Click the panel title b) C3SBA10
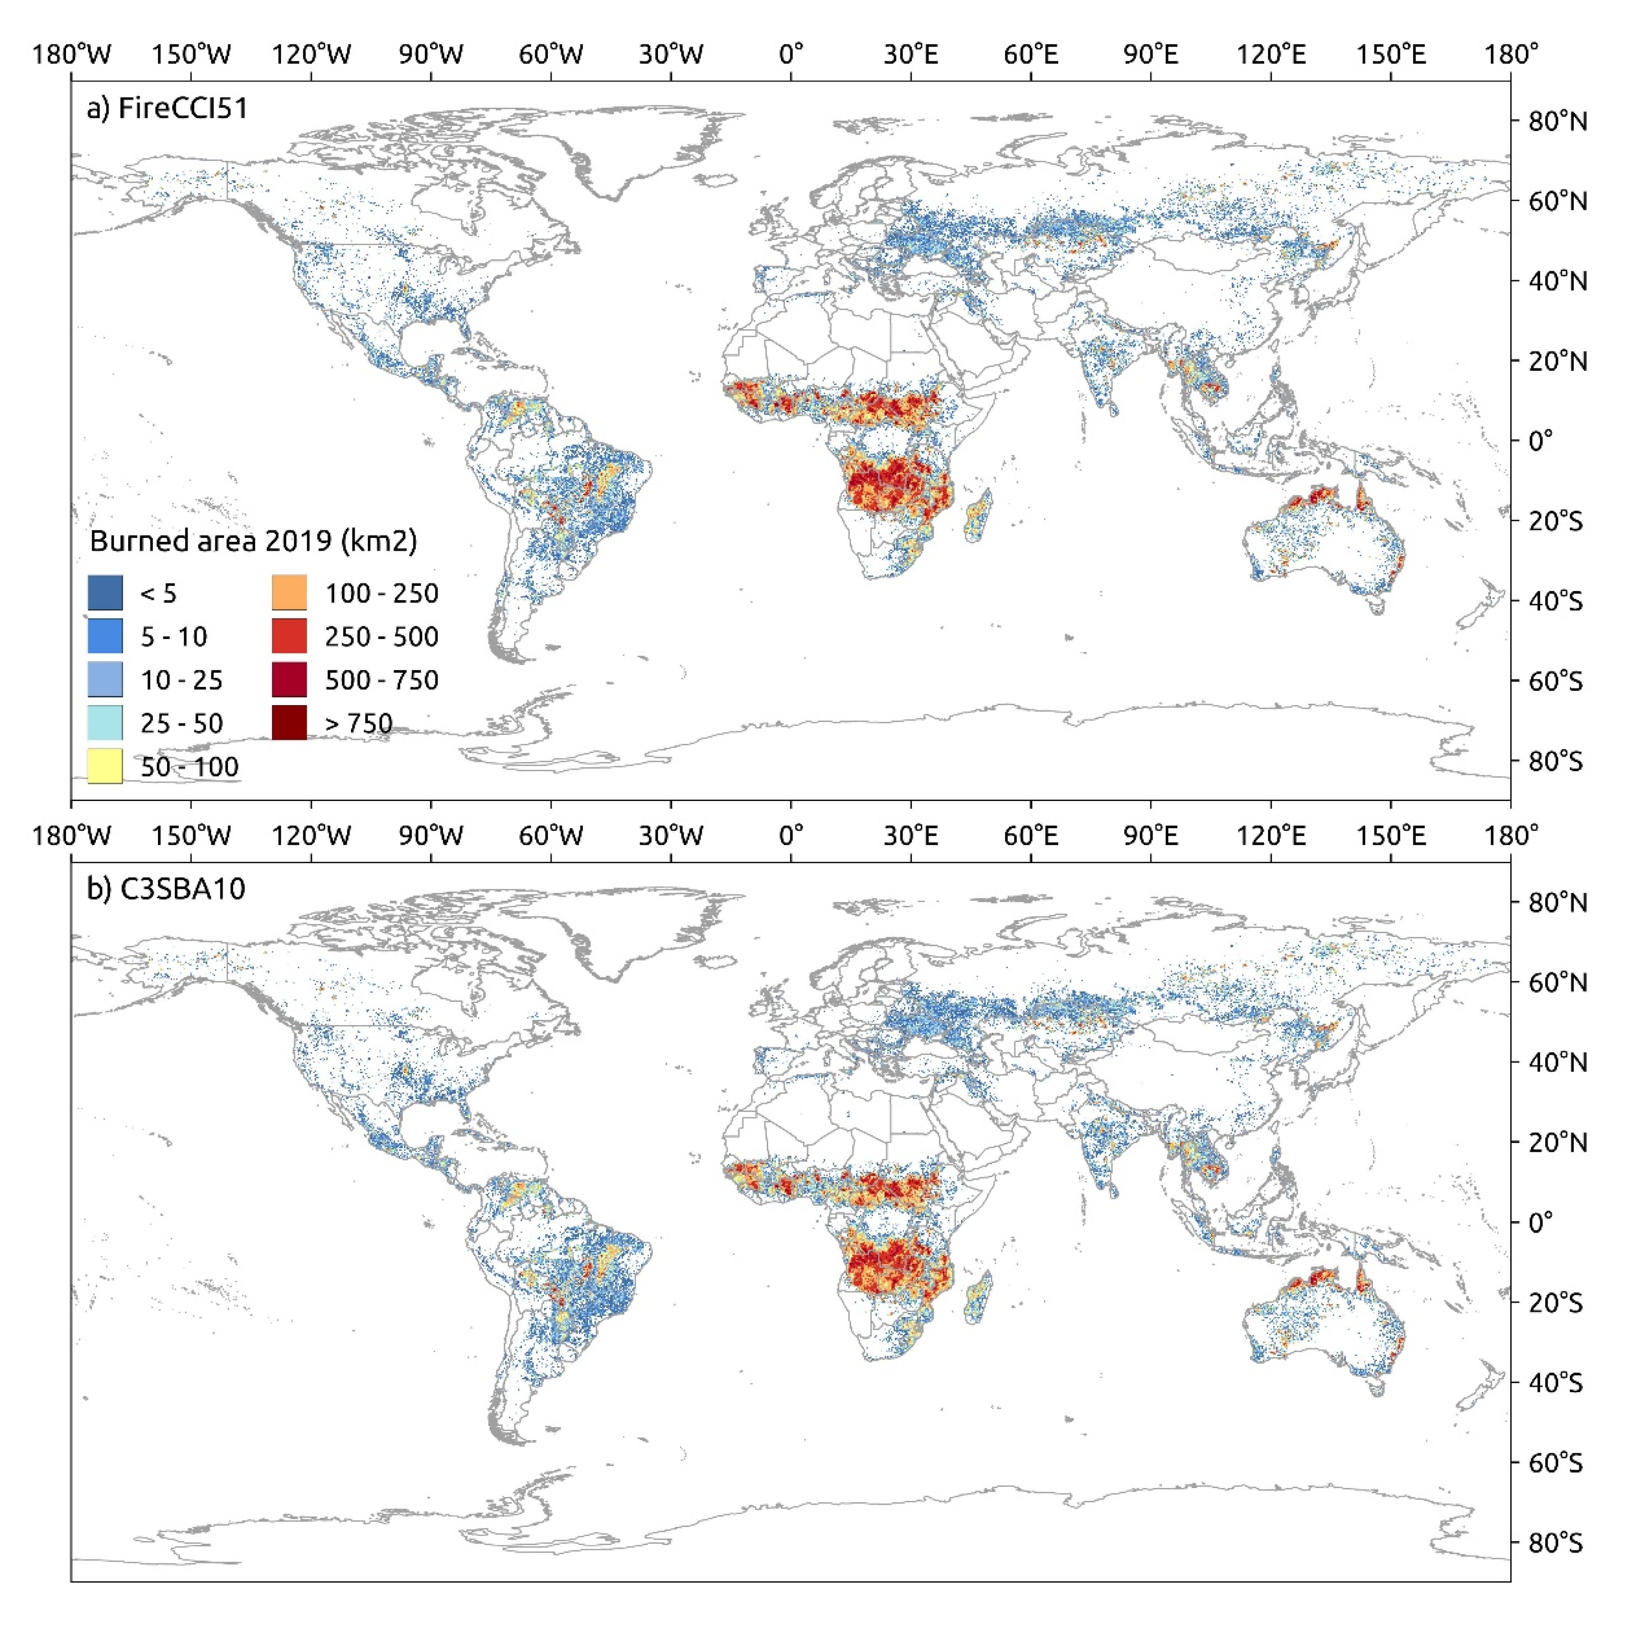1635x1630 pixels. [166, 889]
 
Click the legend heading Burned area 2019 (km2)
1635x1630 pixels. [253, 541]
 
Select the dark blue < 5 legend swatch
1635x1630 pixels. [105, 593]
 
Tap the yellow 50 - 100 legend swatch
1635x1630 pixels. [105, 766]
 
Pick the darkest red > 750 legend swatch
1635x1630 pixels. [290, 723]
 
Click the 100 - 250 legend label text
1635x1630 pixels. [382, 593]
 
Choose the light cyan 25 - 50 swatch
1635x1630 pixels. [105, 723]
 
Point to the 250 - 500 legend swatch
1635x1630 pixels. [290, 636]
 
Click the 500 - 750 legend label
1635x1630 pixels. [382, 679]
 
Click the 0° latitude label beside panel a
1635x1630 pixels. [1540, 441]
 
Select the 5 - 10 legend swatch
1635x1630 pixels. [105, 636]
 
